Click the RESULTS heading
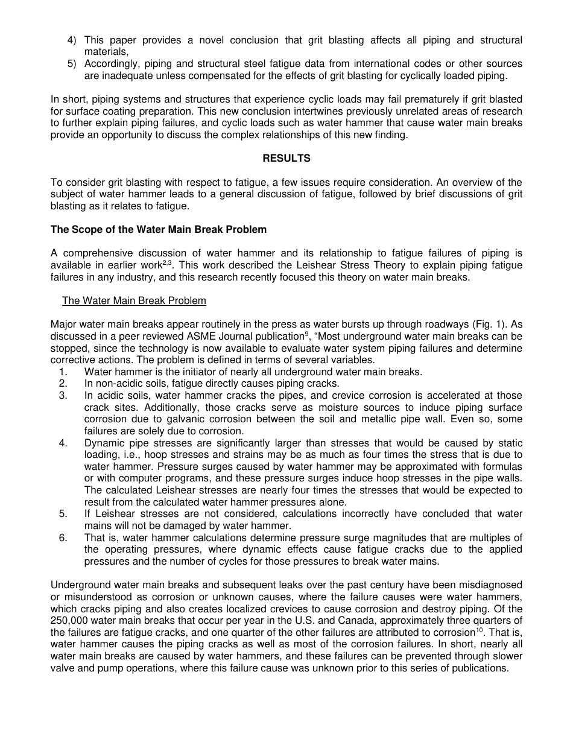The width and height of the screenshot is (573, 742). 286,158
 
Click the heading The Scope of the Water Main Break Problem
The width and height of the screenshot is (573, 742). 158,229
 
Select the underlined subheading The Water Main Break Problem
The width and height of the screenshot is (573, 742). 134,300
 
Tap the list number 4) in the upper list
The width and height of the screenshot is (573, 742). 72,40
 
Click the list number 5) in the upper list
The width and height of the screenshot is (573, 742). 72,64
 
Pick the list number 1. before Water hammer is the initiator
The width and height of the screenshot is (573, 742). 63,372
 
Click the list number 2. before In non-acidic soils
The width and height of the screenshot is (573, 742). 63,384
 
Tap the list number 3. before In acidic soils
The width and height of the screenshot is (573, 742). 63,395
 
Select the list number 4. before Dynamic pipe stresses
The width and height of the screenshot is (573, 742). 63,443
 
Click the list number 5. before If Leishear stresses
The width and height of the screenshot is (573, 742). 63,514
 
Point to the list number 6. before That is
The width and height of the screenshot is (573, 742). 63,537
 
